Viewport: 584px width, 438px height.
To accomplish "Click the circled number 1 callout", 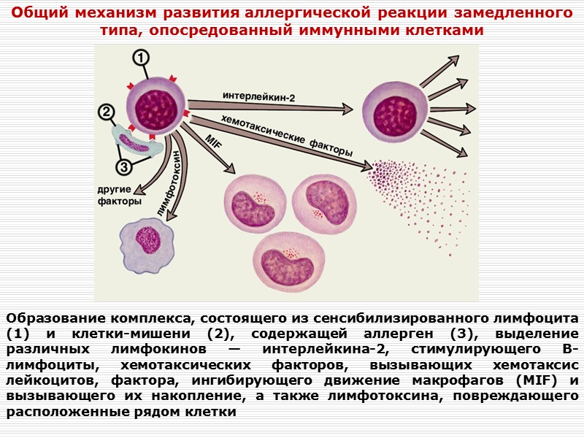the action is point(140,58).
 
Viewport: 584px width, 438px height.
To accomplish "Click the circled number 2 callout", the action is point(107,112).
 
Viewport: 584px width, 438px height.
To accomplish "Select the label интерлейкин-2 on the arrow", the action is point(259,96).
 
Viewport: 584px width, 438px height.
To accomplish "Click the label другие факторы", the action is point(119,196).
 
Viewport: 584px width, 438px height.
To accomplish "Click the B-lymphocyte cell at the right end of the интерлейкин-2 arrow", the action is point(395,109).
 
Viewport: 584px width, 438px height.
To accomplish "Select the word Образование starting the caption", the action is point(55,319).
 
